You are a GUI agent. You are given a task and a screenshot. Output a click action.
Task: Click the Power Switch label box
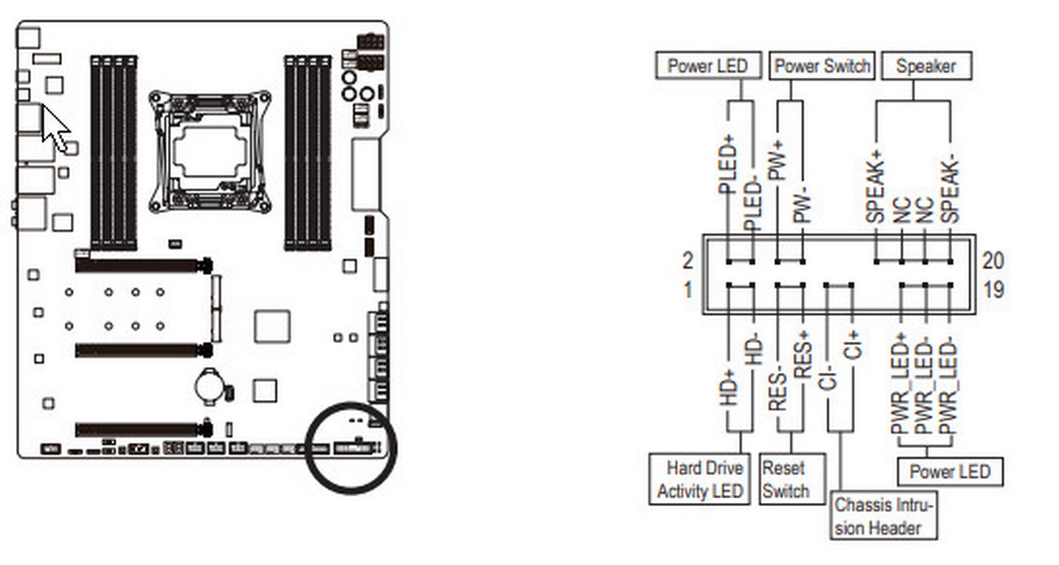(822, 66)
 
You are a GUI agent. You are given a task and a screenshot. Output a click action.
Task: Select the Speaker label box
(926, 66)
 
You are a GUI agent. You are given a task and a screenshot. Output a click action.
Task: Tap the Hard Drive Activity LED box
(700, 479)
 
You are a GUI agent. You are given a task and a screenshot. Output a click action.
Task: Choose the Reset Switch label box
(792, 479)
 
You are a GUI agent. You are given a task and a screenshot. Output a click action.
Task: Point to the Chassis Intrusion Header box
(884, 516)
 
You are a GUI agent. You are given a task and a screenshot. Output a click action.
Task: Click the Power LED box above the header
(708, 66)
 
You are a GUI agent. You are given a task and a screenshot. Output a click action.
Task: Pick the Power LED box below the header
(950, 472)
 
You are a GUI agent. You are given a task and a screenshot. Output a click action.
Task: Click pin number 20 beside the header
(993, 260)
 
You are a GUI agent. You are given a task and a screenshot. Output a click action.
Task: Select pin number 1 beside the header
(688, 290)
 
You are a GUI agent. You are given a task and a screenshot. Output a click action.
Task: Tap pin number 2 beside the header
(688, 260)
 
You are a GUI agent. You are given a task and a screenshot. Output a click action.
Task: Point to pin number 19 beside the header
(994, 290)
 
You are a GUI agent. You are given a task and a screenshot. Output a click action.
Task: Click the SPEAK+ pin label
(875, 187)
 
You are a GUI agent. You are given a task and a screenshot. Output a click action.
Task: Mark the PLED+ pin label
(728, 165)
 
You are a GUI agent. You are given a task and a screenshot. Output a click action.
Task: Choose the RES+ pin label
(802, 355)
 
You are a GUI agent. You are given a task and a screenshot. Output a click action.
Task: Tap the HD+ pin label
(728, 387)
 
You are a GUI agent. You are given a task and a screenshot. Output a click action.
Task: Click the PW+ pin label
(778, 160)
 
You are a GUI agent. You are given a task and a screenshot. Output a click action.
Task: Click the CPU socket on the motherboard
(209, 152)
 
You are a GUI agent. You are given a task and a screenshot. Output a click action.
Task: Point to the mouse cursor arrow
(55, 129)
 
